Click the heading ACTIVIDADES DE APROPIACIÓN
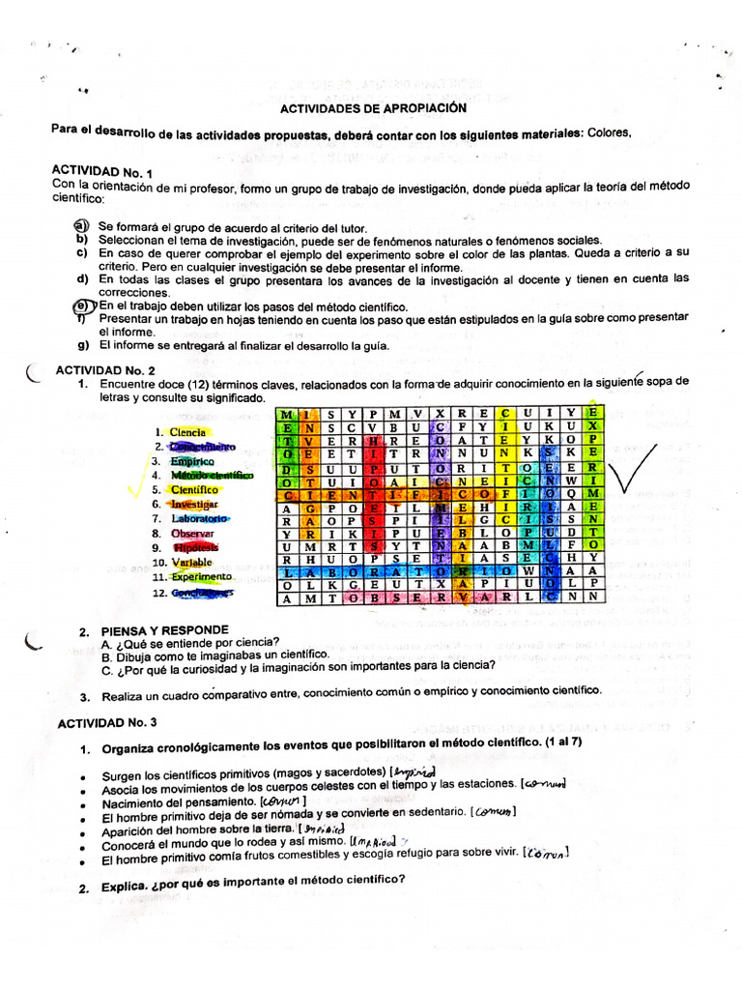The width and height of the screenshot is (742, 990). pyautogui.click(x=373, y=108)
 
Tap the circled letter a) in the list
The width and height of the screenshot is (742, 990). pyautogui.click(x=81, y=225)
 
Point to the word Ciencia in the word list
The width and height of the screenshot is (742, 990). pyautogui.click(x=187, y=432)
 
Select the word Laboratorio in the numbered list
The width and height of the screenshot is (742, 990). pyautogui.click(x=199, y=518)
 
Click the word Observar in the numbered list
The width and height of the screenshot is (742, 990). pyautogui.click(x=193, y=533)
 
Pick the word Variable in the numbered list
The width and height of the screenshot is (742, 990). pyautogui.click(x=192, y=562)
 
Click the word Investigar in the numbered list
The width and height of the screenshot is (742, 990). pyautogui.click(x=195, y=504)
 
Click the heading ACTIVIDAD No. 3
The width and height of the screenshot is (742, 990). pyautogui.click(x=106, y=722)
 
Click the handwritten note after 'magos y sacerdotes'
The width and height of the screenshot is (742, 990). pyautogui.click(x=414, y=771)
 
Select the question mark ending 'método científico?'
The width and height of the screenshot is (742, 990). pyautogui.click(x=401, y=880)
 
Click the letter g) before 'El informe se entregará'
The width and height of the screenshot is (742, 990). pyautogui.click(x=83, y=344)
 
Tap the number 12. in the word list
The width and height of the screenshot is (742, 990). pyautogui.click(x=160, y=592)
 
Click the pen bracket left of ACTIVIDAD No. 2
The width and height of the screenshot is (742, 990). pyautogui.click(x=35, y=371)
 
